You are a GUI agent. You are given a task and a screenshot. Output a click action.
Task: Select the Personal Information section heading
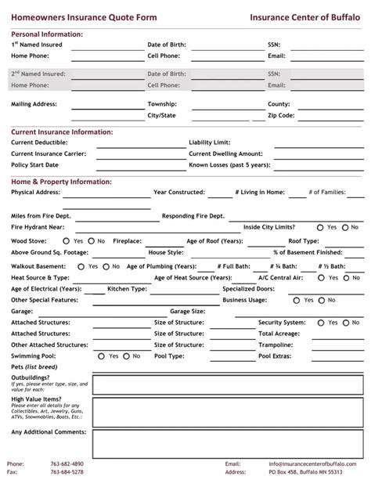[x=47, y=35]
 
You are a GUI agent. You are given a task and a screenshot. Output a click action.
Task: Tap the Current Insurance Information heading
[x=62, y=132]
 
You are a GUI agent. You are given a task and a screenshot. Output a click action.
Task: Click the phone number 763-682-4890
[x=67, y=464]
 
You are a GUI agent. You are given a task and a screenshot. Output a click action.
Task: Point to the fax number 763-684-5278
[x=67, y=472]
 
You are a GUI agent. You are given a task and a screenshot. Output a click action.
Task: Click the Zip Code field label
[x=281, y=115]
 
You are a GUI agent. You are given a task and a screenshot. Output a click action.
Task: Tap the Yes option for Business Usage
[x=297, y=300]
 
